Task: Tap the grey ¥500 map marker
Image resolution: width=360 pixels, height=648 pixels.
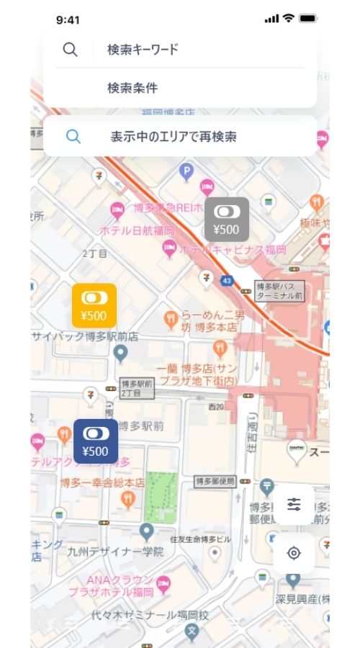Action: (x=227, y=219)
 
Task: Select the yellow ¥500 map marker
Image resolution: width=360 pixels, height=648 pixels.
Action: (x=94, y=305)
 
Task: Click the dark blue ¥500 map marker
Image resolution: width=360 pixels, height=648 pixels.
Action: (x=95, y=441)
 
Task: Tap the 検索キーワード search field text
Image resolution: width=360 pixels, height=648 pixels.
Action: (x=143, y=50)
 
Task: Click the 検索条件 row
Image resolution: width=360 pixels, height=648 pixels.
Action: (x=132, y=89)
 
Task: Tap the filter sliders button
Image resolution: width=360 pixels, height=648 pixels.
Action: (x=294, y=504)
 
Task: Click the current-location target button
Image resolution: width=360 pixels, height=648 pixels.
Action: (x=294, y=553)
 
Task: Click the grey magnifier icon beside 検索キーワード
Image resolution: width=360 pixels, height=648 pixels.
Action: (x=70, y=50)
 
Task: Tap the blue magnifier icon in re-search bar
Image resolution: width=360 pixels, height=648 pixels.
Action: (x=73, y=136)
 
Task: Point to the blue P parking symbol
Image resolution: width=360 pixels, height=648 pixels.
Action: (x=186, y=171)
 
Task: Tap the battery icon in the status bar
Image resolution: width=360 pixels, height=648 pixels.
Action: (x=308, y=19)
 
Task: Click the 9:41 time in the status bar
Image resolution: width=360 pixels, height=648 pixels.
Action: (x=68, y=19)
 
